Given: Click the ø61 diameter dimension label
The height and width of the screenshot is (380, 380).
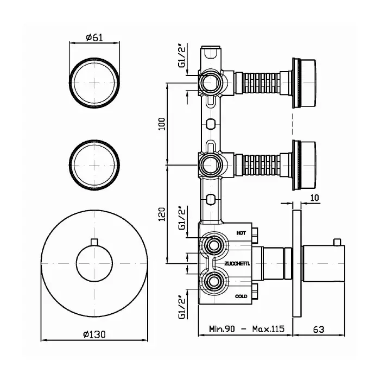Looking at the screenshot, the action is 94,37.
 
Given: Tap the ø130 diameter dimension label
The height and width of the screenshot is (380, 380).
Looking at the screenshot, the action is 94,335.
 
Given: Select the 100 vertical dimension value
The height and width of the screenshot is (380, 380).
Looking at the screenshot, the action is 162,124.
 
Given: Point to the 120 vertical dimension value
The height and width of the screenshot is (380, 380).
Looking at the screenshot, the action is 162,214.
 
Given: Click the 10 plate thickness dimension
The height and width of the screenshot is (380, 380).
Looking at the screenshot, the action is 314,198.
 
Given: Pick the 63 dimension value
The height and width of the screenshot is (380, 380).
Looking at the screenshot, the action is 319,330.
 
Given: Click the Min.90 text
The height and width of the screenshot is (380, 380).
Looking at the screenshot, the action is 222,329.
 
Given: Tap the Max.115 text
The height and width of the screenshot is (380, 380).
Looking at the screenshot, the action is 268,329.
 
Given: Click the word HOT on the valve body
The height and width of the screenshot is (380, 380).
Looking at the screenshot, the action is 241,233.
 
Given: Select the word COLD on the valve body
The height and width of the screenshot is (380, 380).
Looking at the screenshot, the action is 241,296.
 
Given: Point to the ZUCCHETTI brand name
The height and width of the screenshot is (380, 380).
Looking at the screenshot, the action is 237,264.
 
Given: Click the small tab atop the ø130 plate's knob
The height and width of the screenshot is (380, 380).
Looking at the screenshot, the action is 94,242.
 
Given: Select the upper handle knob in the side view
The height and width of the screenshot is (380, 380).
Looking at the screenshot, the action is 304,83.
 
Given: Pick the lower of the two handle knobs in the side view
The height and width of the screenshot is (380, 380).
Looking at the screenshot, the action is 304,165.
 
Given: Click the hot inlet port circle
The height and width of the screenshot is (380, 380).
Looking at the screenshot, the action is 214,246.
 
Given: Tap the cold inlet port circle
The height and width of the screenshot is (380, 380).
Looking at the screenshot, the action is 214,281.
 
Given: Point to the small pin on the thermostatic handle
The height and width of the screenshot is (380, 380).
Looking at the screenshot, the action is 337,242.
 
